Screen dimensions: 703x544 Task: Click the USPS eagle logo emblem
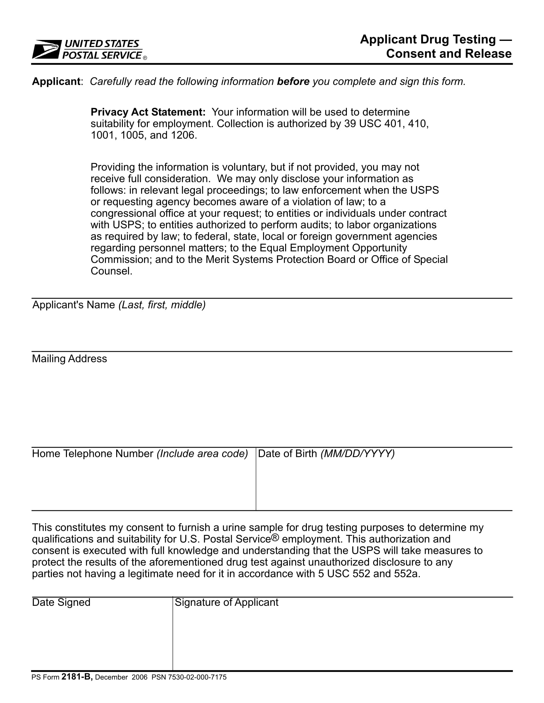pos(47,49)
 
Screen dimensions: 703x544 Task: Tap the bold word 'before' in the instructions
pos(293,81)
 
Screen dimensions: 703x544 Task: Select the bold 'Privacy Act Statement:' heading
pos(148,112)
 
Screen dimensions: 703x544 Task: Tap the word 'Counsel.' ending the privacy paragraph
pos(111,271)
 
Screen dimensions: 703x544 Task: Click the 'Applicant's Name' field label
pos(74,305)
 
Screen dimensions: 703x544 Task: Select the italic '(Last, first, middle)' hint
pos(162,305)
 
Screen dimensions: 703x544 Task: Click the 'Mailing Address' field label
pos(69,359)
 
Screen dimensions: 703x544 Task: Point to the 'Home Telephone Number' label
pos(92,453)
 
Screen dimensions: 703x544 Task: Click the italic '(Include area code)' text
pos(202,453)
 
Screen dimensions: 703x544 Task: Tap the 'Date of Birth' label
pos(287,453)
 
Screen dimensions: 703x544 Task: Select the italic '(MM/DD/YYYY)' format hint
pos(357,453)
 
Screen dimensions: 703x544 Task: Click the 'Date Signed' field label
pos(61,602)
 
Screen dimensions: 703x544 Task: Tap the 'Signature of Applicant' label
pos(226,602)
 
